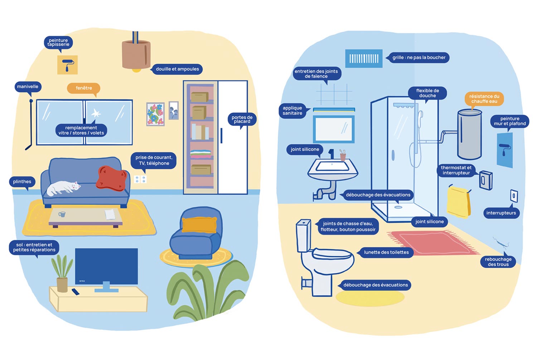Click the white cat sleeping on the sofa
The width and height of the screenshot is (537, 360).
pyautogui.click(x=63, y=188)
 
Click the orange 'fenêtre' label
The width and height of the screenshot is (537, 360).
pyautogui.click(x=83, y=88)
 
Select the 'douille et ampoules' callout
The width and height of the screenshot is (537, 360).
pyautogui.click(x=177, y=69)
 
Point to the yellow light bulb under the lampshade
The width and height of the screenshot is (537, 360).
pyautogui.click(x=136, y=70)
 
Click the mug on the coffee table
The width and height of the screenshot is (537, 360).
pyautogui.click(x=62, y=214)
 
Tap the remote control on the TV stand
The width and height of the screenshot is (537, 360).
pyautogui.click(x=75, y=292)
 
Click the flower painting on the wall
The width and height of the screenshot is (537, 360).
pyautogui.click(x=155, y=114)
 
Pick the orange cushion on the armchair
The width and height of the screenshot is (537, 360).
pyautogui.click(x=199, y=225)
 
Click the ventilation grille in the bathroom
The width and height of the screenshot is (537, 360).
pyautogui.click(x=364, y=59)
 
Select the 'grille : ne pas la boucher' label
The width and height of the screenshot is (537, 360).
pyautogui.click(x=419, y=58)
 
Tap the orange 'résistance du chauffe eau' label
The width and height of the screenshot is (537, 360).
pyautogui.click(x=484, y=99)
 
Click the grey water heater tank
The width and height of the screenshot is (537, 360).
pyautogui.click(x=469, y=135)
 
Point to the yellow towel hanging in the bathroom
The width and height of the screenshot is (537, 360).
pyautogui.click(x=458, y=202)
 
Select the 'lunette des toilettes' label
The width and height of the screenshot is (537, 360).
pyautogui.click(x=386, y=252)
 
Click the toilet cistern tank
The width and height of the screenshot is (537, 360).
pyautogui.click(x=303, y=235)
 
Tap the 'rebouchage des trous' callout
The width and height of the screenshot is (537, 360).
pyautogui.click(x=498, y=262)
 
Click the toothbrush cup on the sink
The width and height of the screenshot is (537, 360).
pyautogui.click(x=343, y=156)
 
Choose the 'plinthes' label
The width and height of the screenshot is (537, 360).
pyautogui.click(x=22, y=182)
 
